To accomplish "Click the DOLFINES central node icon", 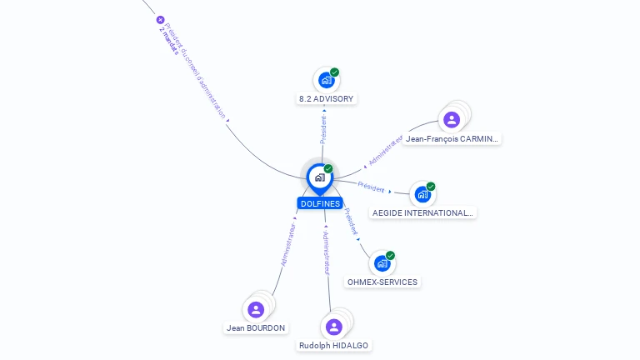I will coord(319,177).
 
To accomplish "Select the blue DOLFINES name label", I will coord(320,203).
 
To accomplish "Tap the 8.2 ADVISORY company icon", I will coord(326,81).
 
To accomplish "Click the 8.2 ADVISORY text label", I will coord(327,99).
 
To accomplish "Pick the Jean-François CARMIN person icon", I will coord(452,120).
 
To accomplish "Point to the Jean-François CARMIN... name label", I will coord(452,139).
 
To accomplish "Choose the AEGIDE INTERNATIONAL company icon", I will coord(422,195).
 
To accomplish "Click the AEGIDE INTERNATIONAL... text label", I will coord(422,213).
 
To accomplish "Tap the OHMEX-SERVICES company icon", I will coord(382,263).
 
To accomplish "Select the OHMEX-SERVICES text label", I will coord(382,282).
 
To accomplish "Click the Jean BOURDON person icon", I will coord(256,310).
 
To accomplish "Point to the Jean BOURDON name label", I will coord(256,328).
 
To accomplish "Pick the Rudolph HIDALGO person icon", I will coord(334,327).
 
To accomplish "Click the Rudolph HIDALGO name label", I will coord(334,346).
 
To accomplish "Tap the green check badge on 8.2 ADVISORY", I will coord(334,72).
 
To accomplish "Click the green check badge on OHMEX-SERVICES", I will coord(390,256).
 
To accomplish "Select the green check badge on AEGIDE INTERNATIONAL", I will coord(431,187).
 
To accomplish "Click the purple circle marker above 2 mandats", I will coord(161,20).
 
